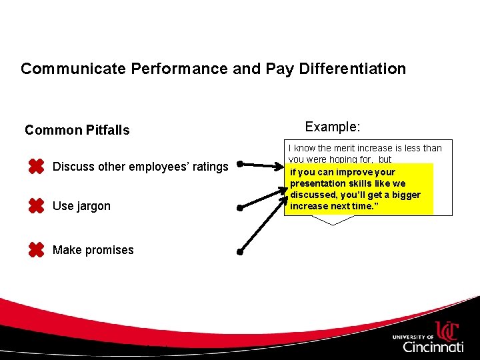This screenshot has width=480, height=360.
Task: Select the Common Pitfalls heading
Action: click(77, 130)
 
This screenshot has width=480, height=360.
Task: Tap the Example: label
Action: click(332, 126)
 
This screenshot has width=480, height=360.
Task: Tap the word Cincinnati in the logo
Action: click(433, 347)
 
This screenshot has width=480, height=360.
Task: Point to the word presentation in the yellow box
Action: click(319, 183)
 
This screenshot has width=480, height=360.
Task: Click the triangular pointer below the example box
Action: click(331, 220)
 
